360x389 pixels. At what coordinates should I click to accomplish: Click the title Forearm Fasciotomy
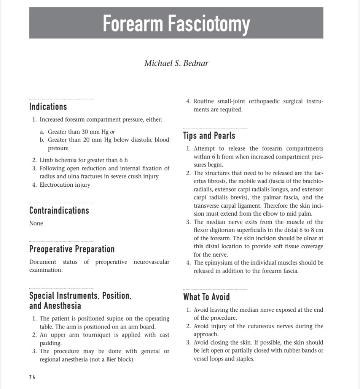click(x=176, y=23)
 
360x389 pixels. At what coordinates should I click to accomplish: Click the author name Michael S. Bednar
click(x=176, y=63)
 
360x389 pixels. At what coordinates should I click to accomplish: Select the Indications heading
click(x=48, y=107)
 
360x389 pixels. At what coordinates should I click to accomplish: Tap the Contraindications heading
click(x=59, y=210)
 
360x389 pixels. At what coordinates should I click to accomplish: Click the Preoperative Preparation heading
click(x=72, y=249)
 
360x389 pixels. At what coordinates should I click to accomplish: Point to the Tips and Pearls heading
click(x=209, y=136)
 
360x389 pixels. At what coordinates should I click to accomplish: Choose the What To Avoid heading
click(x=207, y=297)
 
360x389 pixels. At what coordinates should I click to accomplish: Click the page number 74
click(x=32, y=377)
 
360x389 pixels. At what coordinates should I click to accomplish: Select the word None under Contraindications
click(x=36, y=223)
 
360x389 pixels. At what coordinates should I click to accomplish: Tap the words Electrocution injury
click(x=65, y=185)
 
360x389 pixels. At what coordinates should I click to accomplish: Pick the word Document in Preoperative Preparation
click(x=43, y=262)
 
